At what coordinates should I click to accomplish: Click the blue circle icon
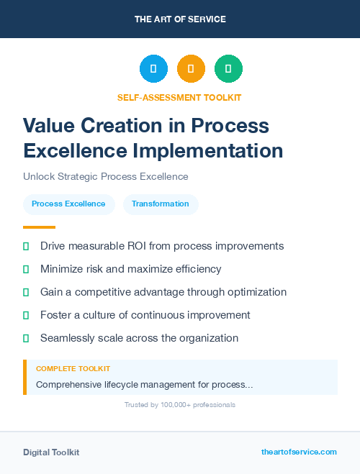[153, 68]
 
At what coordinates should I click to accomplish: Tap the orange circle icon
[191, 68]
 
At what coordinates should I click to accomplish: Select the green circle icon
[228, 68]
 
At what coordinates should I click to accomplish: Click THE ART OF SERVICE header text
[180, 19]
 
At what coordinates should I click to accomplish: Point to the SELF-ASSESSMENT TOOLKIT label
[179, 97]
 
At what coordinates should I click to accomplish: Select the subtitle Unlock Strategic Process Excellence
[105, 176]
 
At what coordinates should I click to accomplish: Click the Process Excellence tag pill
[68, 204]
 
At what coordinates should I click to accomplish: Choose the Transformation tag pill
[161, 204]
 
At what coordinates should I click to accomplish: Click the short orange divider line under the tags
[39, 227]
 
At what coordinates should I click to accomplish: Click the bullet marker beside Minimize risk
[26, 269]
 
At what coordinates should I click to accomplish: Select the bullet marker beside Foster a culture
[26, 315]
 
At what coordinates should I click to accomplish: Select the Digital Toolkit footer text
[51, 452]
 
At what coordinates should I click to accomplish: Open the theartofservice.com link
[299, 452]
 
